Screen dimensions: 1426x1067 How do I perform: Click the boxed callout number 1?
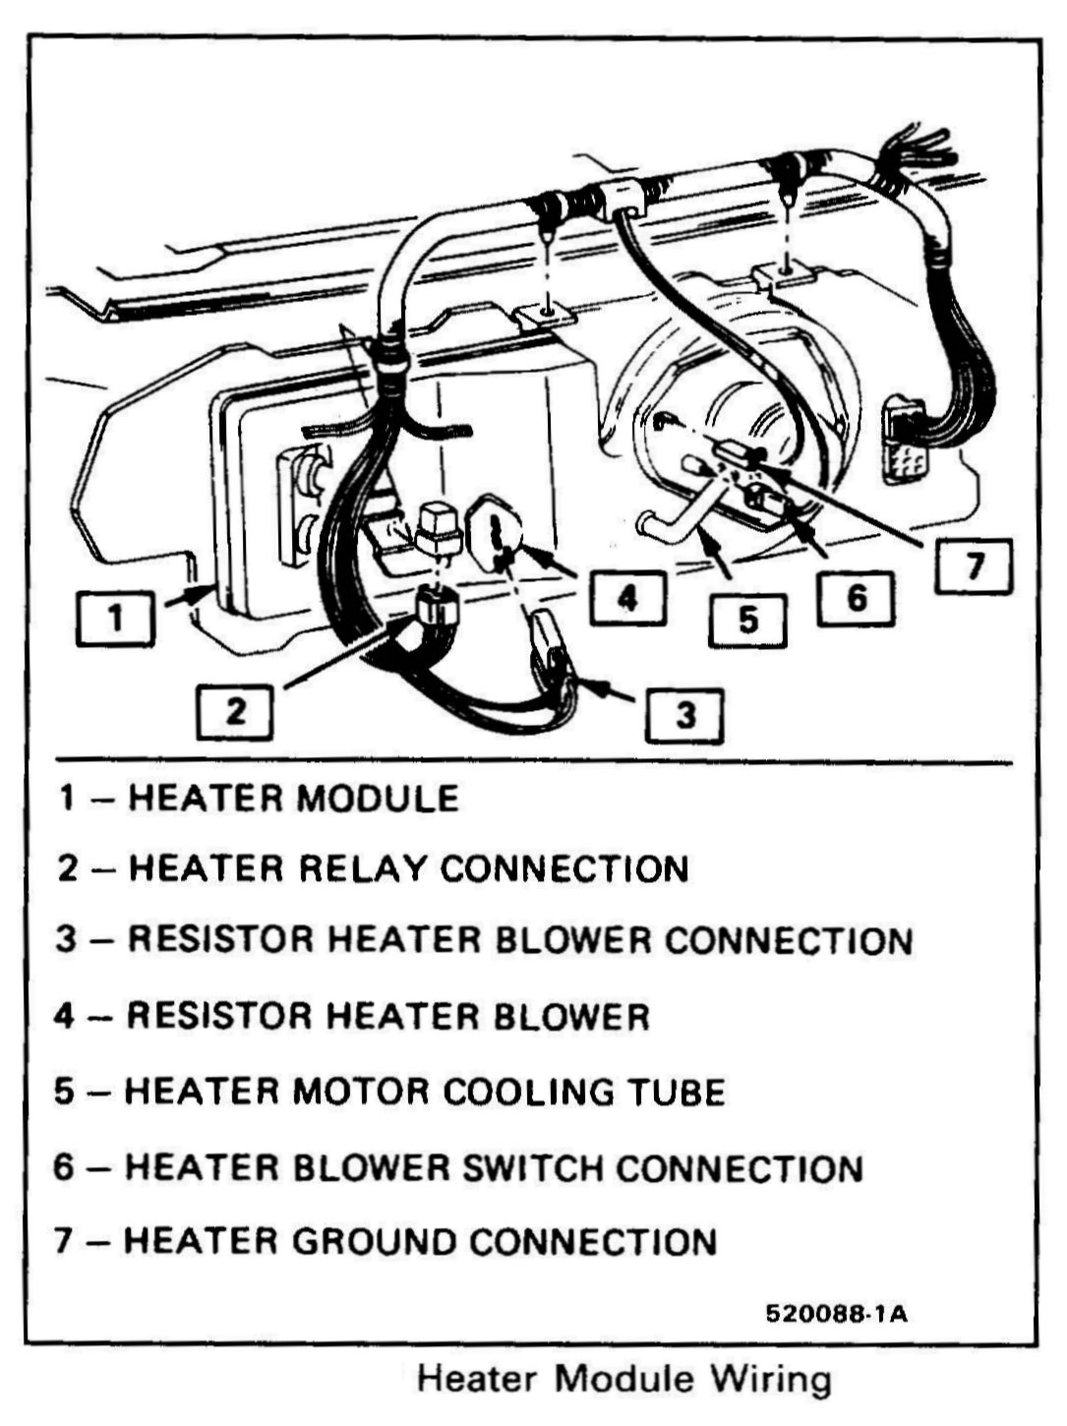(x=116, y=619)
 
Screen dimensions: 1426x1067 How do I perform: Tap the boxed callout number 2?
(x=236, y=711)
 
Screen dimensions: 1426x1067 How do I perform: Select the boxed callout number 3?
(x=684, y=714)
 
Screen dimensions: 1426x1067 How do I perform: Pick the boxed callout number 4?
(x=627, y=596)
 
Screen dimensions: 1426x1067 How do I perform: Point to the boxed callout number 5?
(x=748, y=620)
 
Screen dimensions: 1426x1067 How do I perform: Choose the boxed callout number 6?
(x=857, y=596)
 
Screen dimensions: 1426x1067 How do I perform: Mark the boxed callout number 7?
(x=974, y=566)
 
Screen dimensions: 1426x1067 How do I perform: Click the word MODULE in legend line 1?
(x=378, y=798)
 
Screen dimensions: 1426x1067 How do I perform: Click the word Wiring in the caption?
(x=771, y=1379)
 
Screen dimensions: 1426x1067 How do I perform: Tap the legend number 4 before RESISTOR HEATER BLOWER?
(x=65, y=1016)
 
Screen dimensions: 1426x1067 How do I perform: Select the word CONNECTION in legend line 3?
(x=789, y=941)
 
